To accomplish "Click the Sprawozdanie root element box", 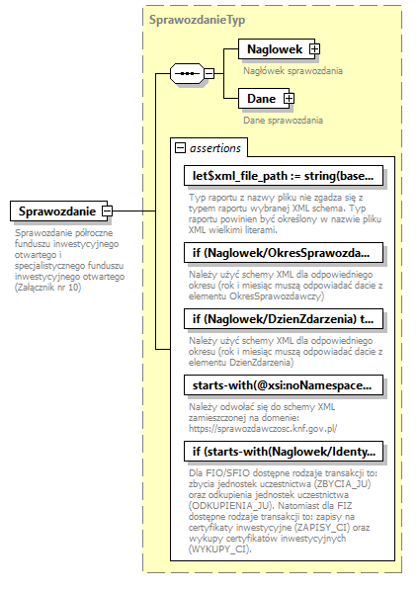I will (x=56, y=211).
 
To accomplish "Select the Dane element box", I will (x=261, y=98).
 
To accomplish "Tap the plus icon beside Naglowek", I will (x=314, y=48).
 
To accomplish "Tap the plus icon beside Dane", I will (x=289, y=98).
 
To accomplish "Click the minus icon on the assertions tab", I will (x=180, y=147).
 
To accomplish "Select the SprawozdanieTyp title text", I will (x=198, y=19).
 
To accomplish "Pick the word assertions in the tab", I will (x=215, y=147).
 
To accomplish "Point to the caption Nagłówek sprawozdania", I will (x=293, y=70).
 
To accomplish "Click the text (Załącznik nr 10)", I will (x=48, y=287).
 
